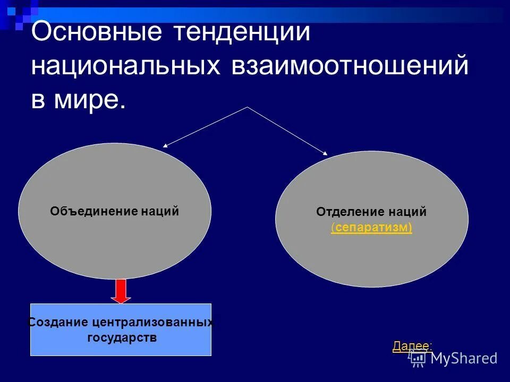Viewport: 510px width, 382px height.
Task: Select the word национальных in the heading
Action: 125,67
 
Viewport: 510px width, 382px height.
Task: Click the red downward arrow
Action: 122,291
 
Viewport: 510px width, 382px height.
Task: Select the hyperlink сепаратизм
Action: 371,228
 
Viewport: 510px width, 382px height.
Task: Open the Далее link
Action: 410,346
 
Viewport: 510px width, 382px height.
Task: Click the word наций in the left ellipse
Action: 160,211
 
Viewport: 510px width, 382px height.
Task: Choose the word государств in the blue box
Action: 122,337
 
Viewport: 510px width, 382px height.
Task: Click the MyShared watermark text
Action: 464,358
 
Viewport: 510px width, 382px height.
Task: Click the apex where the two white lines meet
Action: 247,107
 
